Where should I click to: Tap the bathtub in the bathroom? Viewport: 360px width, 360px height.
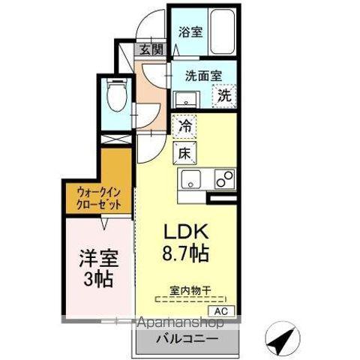point(222,30)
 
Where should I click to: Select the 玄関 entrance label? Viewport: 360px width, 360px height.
point(151,50)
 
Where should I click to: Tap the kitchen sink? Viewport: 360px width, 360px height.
point(190,179)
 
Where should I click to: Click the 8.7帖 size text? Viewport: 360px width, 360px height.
point(184,253)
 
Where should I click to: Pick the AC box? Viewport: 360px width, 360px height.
point(220,310)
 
